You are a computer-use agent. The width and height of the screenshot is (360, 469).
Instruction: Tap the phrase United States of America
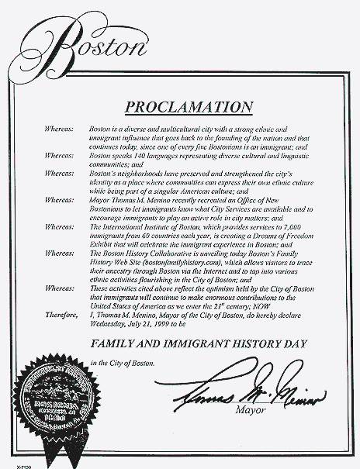[x=154, y=300]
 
